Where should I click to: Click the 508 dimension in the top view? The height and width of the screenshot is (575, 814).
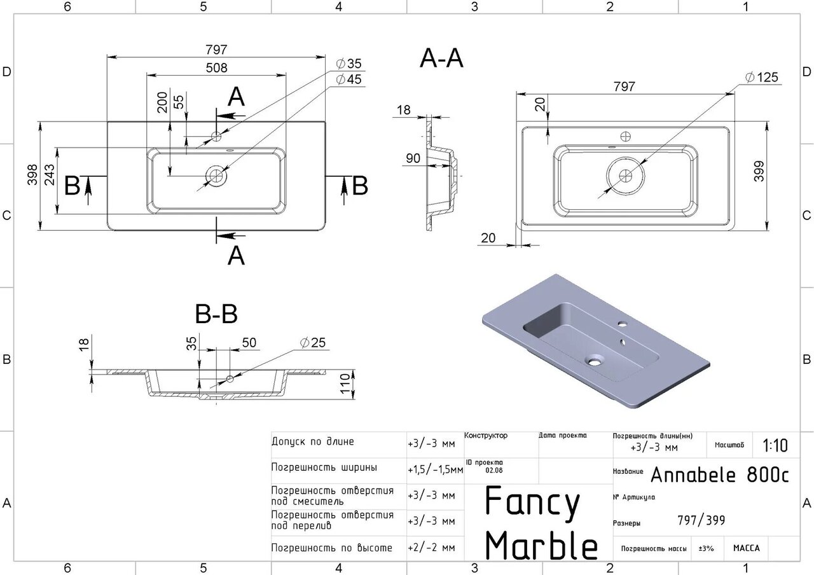(216, 67)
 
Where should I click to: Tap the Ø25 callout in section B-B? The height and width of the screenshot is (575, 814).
(313, 343)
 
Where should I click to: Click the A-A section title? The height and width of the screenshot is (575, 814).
(441, 59)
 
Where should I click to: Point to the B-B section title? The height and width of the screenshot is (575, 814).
(216, 314)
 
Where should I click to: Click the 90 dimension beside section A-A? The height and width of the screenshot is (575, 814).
(413, 158)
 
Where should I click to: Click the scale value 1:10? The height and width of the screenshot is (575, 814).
(775, 446)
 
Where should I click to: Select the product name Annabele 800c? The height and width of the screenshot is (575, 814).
(719, 475)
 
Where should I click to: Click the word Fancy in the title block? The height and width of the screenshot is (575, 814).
(533, 502)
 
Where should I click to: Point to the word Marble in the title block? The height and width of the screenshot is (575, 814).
(541, 545)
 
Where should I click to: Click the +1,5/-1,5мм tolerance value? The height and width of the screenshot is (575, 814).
(435, 469)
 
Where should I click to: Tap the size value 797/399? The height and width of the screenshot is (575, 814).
(701, 521)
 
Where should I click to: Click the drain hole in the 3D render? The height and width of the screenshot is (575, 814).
(594, 361)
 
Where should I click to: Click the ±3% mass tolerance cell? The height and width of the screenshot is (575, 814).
(706, 548)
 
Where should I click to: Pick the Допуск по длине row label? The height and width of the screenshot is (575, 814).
(312, 441)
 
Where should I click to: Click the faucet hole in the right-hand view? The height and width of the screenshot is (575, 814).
(625, 136)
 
